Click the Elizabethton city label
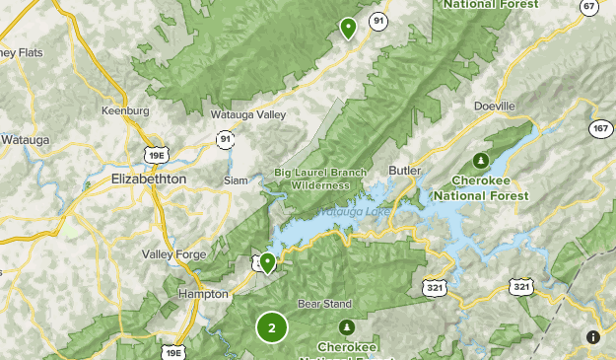coord(149,179)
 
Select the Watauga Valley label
coord(248,114)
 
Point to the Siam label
coord(236,180)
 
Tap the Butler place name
coord(405,170)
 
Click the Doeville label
coord(495,106)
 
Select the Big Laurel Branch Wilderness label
coord(312,180)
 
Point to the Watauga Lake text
coord(353,212)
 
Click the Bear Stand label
coord(324,303)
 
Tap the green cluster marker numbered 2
coord(272,327)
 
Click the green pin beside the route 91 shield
coord(348,28)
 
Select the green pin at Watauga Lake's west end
coord(266,260)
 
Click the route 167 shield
coord(600,129)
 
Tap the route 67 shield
coord(589,7)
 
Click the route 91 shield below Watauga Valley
coord(226,140)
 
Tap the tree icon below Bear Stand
coord(346,326)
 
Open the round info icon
coord(592,337)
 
